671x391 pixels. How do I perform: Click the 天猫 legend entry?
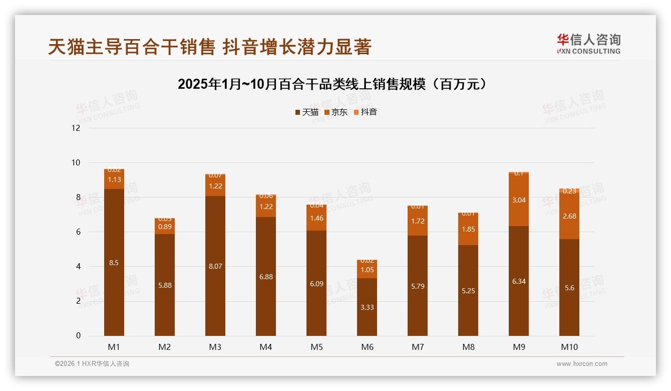coord(306,112)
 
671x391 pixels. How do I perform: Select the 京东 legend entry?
coord(336,112)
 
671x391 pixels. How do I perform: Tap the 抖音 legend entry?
coord(365,112)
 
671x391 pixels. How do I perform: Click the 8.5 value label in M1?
coord(114,263)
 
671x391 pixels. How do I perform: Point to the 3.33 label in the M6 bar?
coord(367,307)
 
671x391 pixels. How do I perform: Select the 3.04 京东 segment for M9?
coord(519,200)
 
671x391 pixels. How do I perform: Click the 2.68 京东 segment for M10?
coord(569,216)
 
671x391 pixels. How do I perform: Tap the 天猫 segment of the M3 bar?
coord(215,266)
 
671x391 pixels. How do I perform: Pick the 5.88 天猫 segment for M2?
coord(165,285)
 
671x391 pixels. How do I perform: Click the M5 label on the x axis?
coord(316,347)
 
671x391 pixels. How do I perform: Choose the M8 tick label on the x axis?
coord(468,347)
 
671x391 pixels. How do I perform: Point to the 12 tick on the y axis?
coord(76,128)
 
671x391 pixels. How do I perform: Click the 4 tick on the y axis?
coord(78,267)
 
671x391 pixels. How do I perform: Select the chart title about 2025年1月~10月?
coord(332,84)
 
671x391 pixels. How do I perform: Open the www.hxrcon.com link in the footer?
coord(582,364)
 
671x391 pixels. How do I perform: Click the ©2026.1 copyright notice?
coord(92,364)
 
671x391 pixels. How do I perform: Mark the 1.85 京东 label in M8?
coord(468,230)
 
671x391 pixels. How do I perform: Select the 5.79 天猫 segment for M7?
coord(418,286)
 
